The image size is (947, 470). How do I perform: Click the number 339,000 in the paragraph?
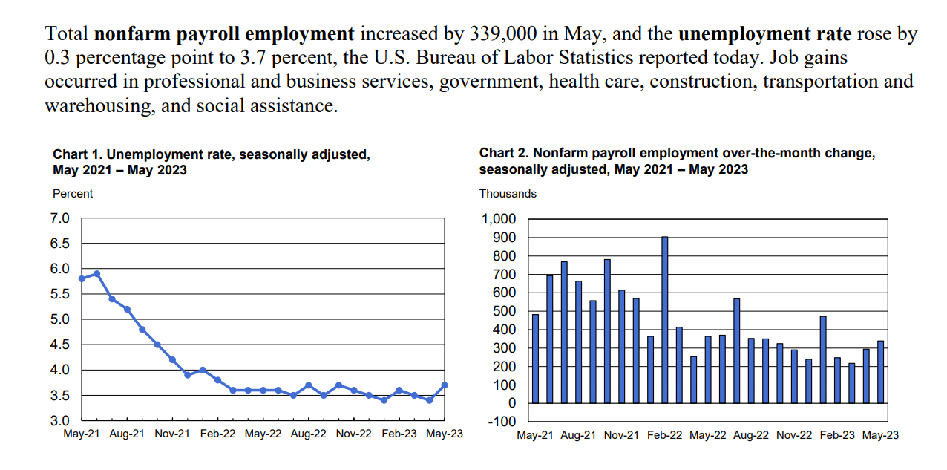(x=503, y=34)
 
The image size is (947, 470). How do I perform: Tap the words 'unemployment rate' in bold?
(x=764, y=34)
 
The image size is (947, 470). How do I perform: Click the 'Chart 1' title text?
(x=211, y=162)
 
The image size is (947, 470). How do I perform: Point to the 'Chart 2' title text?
(x=677, y=161)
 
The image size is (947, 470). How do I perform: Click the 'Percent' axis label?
(x=72, y=193)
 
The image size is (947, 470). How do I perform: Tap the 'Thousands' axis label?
(x=508, y=193)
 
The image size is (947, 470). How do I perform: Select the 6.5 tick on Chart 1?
(x=59, y=244)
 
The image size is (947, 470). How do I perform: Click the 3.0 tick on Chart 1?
(x=59, y=421)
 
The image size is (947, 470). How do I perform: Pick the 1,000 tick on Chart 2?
(x=499, y=219)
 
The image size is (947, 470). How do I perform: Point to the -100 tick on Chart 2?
(x=502, y=421)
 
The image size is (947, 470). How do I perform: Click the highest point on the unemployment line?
(x=96, y=274)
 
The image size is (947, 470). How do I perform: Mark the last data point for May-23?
(x=445, y=385)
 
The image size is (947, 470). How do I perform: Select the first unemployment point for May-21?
(x=82, y=278)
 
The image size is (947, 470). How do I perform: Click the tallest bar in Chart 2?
(x=664, y=320)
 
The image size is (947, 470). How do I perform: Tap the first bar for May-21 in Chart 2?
(x=535, y=359)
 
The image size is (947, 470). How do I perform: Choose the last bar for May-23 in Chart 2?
(x=881, y=372)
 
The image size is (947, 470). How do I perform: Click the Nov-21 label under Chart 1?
(x=172, y=434)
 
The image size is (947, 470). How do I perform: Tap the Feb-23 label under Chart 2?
(x=837, y=435)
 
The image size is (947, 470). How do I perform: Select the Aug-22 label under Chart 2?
(x=751, y=435)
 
